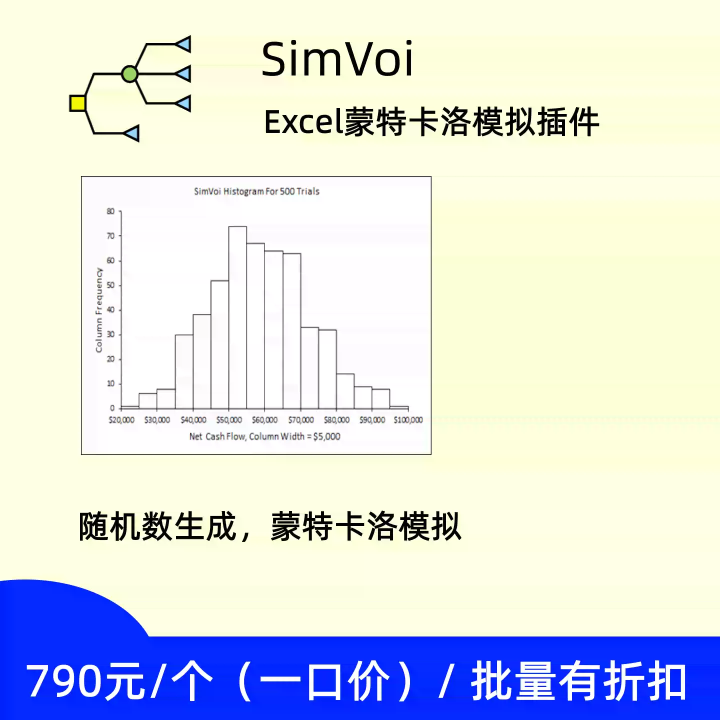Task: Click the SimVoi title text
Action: point(337,59)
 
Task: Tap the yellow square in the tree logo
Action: point(77,103)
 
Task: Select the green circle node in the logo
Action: point(129,74)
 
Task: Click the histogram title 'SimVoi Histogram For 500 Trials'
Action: point(256,191)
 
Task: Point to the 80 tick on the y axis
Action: point(110,211)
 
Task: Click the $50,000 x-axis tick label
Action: point(229,420)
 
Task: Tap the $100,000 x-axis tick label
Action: point(408,420)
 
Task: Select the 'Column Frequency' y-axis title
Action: point(99,310)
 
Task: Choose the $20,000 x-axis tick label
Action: point(121,420)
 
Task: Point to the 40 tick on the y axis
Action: point(110,309)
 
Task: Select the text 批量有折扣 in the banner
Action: point(578,681)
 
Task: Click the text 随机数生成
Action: point(157,526)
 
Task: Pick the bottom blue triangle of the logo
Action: point(131,133)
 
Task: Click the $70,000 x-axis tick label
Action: point(300,420)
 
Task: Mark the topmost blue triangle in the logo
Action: point(183,44)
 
